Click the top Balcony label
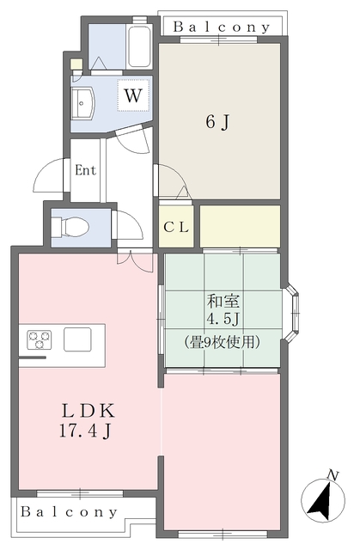click(x=222, y=27)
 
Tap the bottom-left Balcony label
click(x=69, y=511)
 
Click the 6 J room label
click(x=217, y=123)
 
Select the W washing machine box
click(x=131, y=95)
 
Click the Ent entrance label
click(x=85, y=169)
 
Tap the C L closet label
click(x=177, y=228)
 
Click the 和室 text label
click(x=223, y=302)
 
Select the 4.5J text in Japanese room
click(x=223, y=320)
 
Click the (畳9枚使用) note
click(x=223, y=339)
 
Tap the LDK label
click(x=81, y=409)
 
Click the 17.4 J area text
click(x=81, y=430)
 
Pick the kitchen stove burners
click(x=40, y=339)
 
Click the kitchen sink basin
click(x=78, y=339)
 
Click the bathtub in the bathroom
click(x=139, y=46)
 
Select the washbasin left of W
click(x=85, y=103)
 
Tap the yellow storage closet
click(x=240, y=226)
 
